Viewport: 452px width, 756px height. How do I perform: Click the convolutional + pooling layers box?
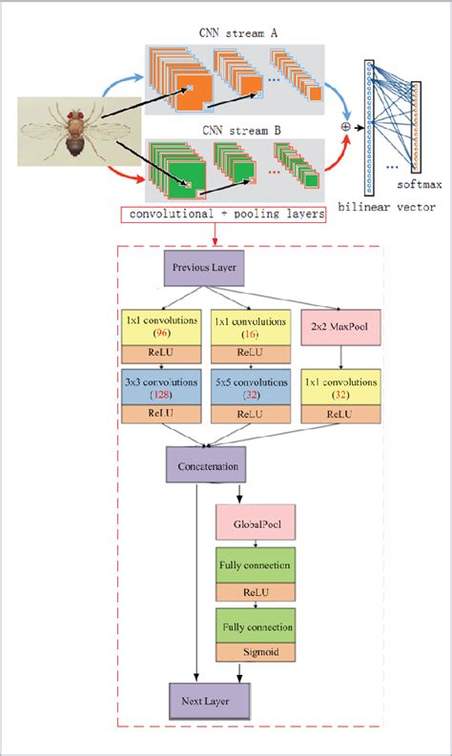[x=222, y=217]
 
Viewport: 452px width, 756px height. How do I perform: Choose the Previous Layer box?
[x=204, y=270]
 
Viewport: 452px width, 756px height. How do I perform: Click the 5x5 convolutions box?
[x=250, y=387]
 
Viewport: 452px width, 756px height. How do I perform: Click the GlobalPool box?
[x=256, y=524]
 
